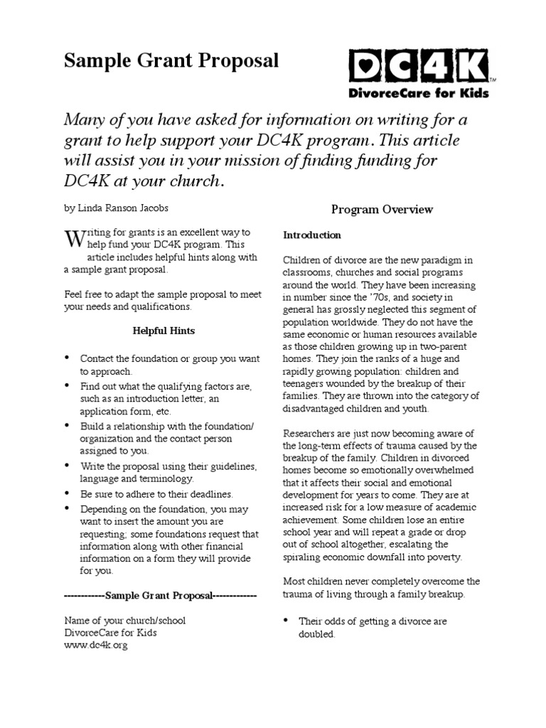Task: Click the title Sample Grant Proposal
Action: click(x=171, y=61)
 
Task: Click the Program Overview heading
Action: click(x=382, y=210)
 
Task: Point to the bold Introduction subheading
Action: click(x=312, y=235)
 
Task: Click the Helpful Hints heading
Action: click(x=164, y=331)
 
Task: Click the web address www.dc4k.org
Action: click(x=96, y=646)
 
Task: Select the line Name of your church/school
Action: click(x=124, y=620)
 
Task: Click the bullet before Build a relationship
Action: click(x=68, y=425)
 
